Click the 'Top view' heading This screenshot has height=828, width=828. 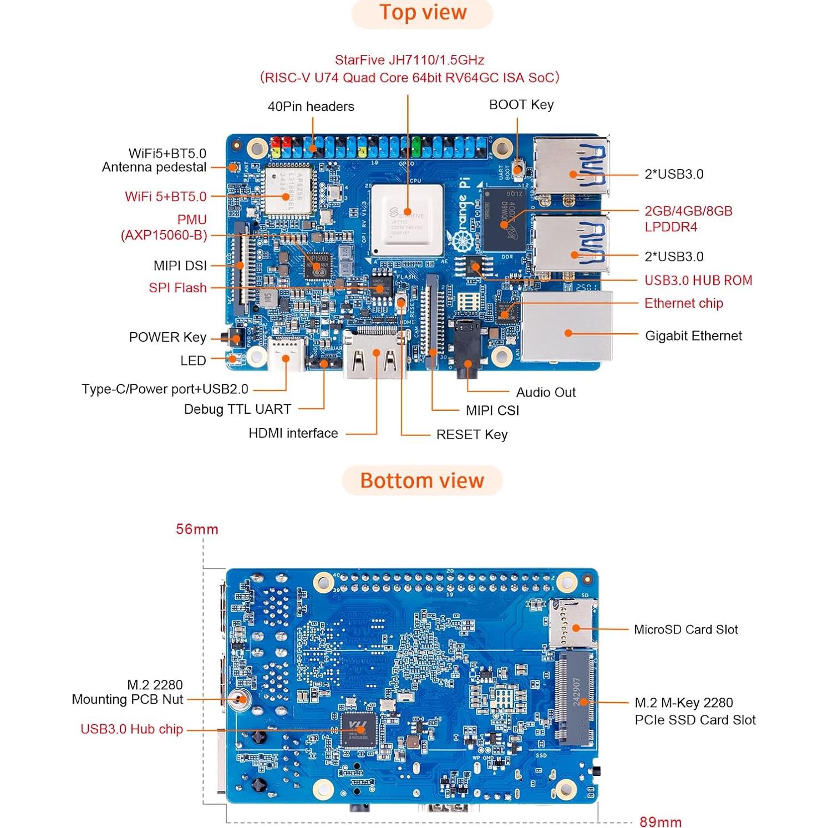pyautogui.click(x=423, y=13)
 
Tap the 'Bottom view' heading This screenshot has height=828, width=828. pyautogui.click(x=422, y=480)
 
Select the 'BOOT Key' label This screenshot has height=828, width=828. pyautogui.click(x=521, y=105)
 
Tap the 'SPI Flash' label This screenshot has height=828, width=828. pyautogui.click(x=177, y=288)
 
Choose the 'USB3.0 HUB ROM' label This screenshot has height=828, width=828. pyautogui.click(x=698, y=281)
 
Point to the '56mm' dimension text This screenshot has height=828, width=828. pyautogui.click(x=197, y=529)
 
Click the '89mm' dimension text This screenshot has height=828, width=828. pyautogui.click(x=661, y=821)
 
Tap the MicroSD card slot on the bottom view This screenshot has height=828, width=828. pyautogui.click(x=573, y=624)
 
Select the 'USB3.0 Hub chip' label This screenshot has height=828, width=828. pyautogui.click(x=131, y=729)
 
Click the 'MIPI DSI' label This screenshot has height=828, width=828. pyautogui.click(x=180, y=266)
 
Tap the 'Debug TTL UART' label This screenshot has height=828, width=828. pyautogui.click(x=237, y=409)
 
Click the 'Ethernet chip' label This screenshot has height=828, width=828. pyautogui.click(x=683, y=303)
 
